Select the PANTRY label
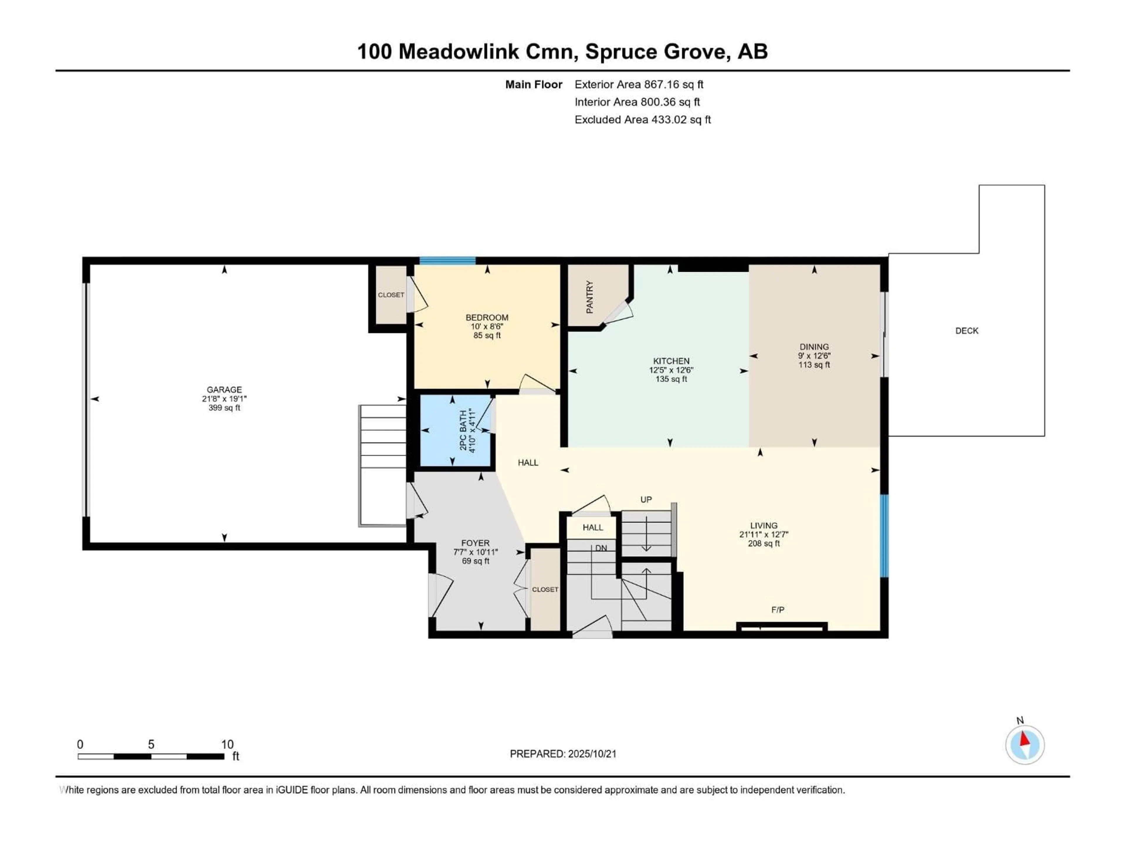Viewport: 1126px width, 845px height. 589,297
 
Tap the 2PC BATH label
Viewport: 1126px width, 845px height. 463,430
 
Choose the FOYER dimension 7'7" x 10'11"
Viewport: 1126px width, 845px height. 475,552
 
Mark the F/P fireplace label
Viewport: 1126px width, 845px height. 777,610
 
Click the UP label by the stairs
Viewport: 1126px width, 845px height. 645,500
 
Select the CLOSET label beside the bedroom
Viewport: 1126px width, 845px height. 391,295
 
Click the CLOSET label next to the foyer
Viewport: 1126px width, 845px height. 545,589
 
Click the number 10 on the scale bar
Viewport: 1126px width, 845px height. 227,744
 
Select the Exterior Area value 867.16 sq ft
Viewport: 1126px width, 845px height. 674,84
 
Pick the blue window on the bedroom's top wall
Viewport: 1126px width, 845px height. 447,261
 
